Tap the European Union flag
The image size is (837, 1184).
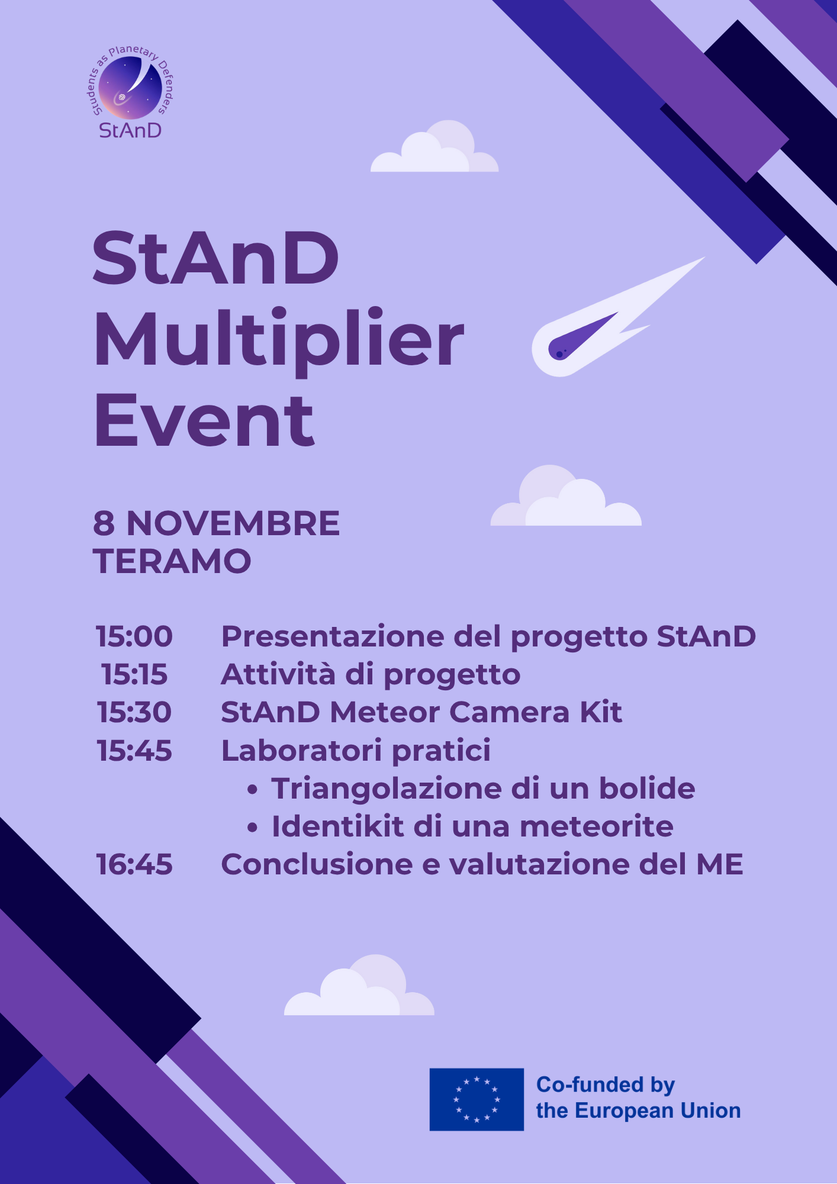[477, 1099]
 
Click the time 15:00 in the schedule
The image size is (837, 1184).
[134, 636]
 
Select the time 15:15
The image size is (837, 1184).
[134, 674]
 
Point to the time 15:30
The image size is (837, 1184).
[134, 712]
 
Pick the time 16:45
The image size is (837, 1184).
[134, 864]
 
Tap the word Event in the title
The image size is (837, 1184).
[204, 420]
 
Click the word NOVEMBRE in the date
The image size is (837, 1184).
[233, 523]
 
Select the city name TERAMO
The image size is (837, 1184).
[172, 561]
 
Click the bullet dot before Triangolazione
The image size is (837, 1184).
[253, 789]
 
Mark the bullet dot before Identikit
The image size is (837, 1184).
[253, 827]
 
